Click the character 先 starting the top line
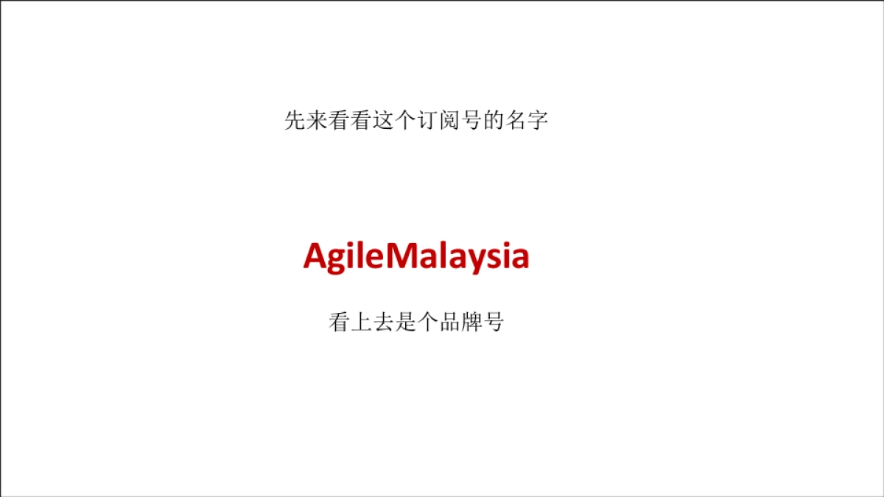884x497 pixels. [x=295, y=121]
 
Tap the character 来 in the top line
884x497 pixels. [x=318, y=121]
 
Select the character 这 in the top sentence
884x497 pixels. [x=384, y=121]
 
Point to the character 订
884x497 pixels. [x=428, y=121]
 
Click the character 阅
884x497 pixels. [x=450, y=121]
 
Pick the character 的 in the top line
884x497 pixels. [x=494, y=121]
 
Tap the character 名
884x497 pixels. [x=516, y=121]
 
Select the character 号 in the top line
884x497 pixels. [x=472, y=121]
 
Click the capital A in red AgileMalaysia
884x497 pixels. [x=315, y=257]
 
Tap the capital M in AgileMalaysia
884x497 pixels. [x=402, y=257]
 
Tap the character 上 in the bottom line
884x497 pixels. [x=361, y=322]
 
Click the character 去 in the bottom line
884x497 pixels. [x=383, y=322]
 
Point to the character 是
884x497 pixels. [x=405, y=322]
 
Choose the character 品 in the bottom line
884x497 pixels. [x=449, y=322]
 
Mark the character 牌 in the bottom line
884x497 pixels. [x=471, y=322]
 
